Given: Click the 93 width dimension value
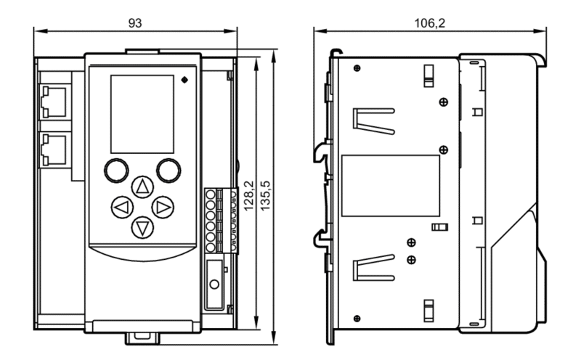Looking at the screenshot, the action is coord(135,23).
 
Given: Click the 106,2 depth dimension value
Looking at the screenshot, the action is coord(429,23).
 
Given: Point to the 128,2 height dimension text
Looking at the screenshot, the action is coord(249,195).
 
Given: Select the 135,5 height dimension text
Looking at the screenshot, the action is coord(265,195).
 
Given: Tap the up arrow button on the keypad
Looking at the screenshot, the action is coord(142,187).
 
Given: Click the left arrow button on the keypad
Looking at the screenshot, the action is coord(122,207).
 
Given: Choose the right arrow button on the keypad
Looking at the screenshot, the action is coord(163,207).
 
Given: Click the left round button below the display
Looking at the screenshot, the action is coord(116,171).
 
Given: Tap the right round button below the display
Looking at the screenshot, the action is coord(168,171).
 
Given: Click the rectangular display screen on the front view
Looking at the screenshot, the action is coord(142,114).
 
